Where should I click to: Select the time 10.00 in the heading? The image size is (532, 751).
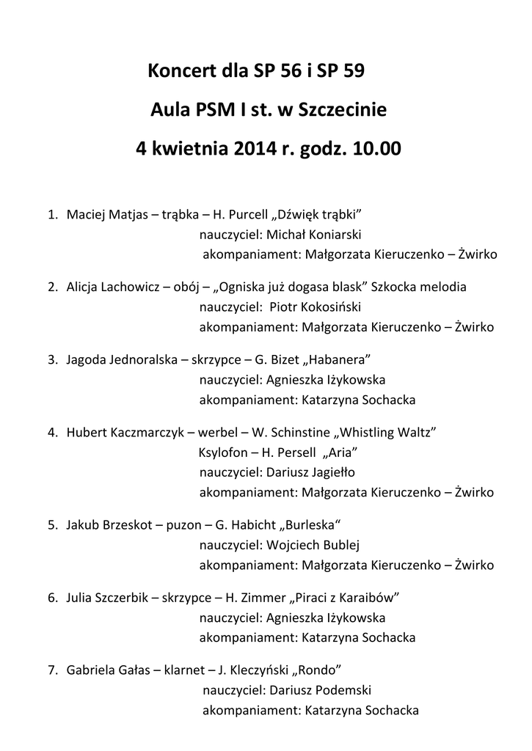point(376,150)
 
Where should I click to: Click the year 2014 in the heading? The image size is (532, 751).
point(255,150)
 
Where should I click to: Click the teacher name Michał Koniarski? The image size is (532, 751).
point(313,235)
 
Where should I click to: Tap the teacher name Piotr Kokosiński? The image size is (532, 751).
point(316,307)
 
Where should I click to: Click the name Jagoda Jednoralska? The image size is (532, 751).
point(121,360)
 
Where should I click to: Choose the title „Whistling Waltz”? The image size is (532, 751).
point(391,432)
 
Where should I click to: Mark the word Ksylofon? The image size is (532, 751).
point(222,452)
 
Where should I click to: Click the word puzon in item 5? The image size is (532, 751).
point(186,525)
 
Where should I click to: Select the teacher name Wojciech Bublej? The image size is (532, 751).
point(312,545)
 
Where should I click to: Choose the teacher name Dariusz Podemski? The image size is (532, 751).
point(321,690)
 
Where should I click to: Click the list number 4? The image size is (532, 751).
point(52,432)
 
